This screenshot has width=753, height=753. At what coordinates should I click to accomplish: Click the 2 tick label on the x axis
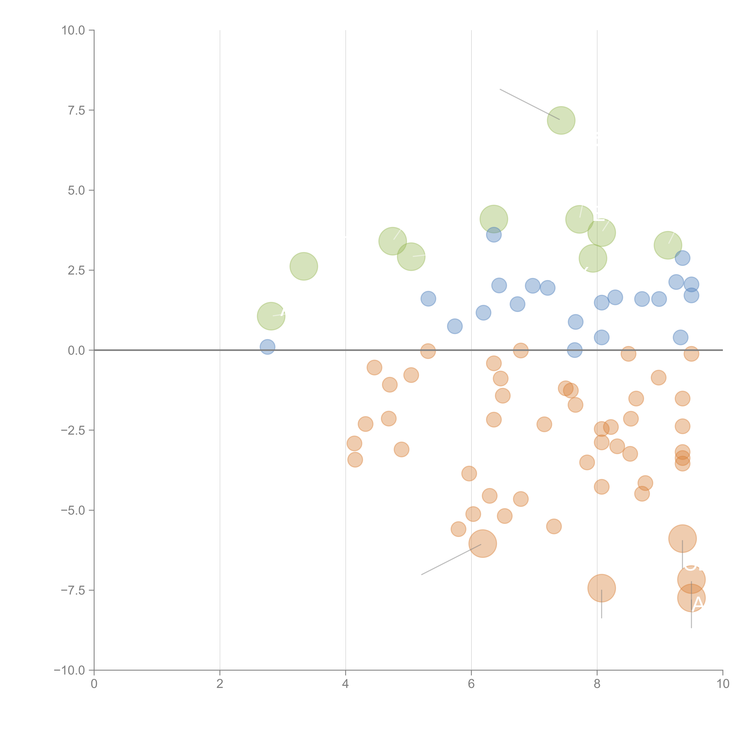pyautogui.click(x=220, y=684)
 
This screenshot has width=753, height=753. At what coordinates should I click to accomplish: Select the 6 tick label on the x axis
pyautogui.click(x=471, y=684)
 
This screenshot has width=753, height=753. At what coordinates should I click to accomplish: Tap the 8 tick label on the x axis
pyautogui.click(x=597, y=684)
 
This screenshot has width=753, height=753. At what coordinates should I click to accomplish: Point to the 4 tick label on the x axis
pyautogui.click(x=345, y=684)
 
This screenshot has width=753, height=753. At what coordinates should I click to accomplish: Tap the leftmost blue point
pyautogui.click(x=267, y=347)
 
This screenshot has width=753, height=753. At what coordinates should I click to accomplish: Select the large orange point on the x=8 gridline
pyautogui.click(x=601, y=588)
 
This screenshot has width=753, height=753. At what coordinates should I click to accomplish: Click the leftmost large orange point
pyautogui.click(x=483, y=543)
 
